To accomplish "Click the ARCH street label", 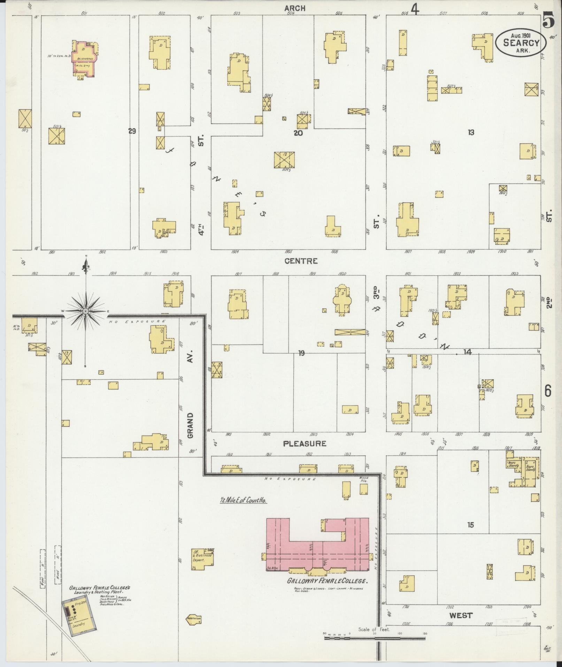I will (295, 8).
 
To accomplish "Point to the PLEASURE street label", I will (305, 444).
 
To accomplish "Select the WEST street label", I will (461, 615).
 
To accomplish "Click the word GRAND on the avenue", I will (190, 425).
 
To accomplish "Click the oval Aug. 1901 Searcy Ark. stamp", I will (521, 43).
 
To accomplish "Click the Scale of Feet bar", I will (375, 638).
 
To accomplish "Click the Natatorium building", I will (194, 619).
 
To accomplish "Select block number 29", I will (132, 131).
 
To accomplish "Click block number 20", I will (298, 133).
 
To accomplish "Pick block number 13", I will (471, 132).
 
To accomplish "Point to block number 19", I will (301, 353).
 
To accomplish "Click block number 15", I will (471, 525).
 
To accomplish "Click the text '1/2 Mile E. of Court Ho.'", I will (243, 500).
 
